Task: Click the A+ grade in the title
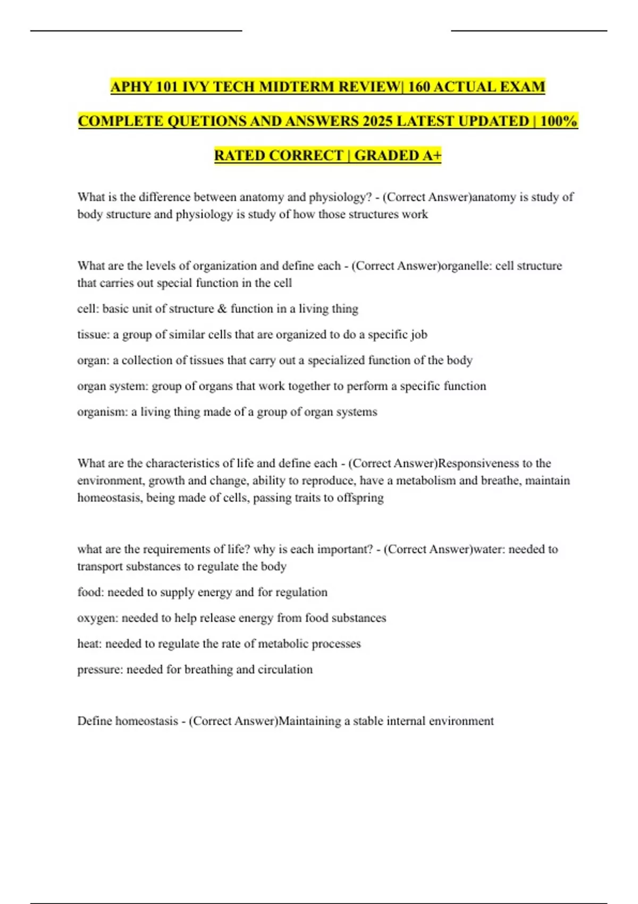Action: click(x=432, y=155)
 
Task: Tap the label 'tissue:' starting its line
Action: click(x=93, y=334)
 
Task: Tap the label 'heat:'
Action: click(x=89, y=644)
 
